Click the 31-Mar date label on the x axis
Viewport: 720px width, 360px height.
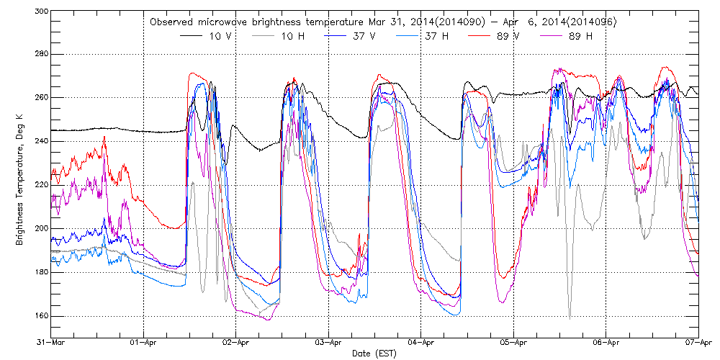(52, 343)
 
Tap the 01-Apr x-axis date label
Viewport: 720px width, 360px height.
(144, 343)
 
